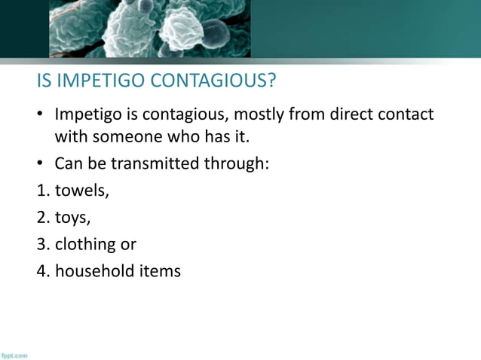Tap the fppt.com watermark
pyautogui.click(x=14, y=355)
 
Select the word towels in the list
pyautogui.click(x=81, y=190)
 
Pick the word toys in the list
pyautogui.click(x=72, y=218)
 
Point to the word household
pyautogui.click(x=94, y=270)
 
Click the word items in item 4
pyautogui.click(x=159, y=270)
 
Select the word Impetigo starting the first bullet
pyautogui.click(x=87, y=115)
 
